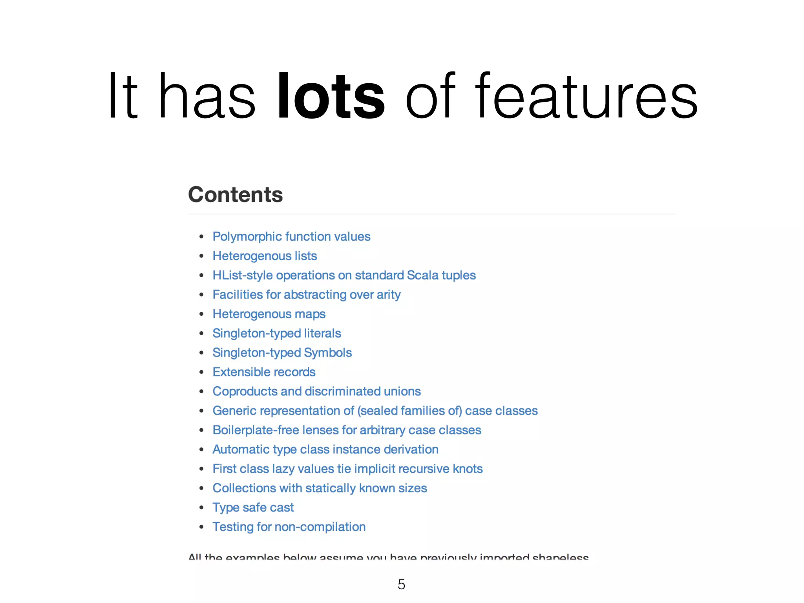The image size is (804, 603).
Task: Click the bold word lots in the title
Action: pyautogui.click(x=331, y=96)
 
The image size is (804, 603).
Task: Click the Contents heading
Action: pyautogui.click(x=235, y=195)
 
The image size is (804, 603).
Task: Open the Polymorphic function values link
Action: pyautogui.click(x=291, y=237)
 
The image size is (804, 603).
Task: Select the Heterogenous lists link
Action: pyautogui.click(x=265, y=256)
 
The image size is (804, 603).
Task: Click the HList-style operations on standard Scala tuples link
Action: pyautogui.click(x=344, y=275)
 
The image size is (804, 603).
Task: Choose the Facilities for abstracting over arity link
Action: pyautogui.click(x=307, y=295)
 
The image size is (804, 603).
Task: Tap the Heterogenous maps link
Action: pyautogui.click(x=269, y=314)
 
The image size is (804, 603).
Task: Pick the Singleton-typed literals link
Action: pyautogui.click(x=277, y=333)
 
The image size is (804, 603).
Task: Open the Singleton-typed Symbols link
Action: pyautogui.click(x=282, y=353)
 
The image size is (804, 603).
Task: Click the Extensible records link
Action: pyautogui.click(x=264, y=372)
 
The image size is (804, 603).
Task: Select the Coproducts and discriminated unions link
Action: pyautogui.click(x=316, y=391)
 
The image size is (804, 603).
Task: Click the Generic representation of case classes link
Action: pyautogui.click(x=375, y=411)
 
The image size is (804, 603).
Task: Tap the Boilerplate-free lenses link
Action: pyautogui.click(x=347, y=430)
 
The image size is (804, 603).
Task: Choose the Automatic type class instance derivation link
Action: pyautogui.click(x=325, y=450)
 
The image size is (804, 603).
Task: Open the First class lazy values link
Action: pyautogui.click(x=347, y=469)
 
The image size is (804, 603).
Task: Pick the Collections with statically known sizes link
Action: pyautogui.click(x=320, y=488)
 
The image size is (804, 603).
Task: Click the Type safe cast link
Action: pyautogui.click(x=253, y=508)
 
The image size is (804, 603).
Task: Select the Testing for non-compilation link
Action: pyautogui.click(x=289, y=527)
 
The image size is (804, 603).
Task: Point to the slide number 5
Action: pyautogui.click(x=401, y=585)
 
